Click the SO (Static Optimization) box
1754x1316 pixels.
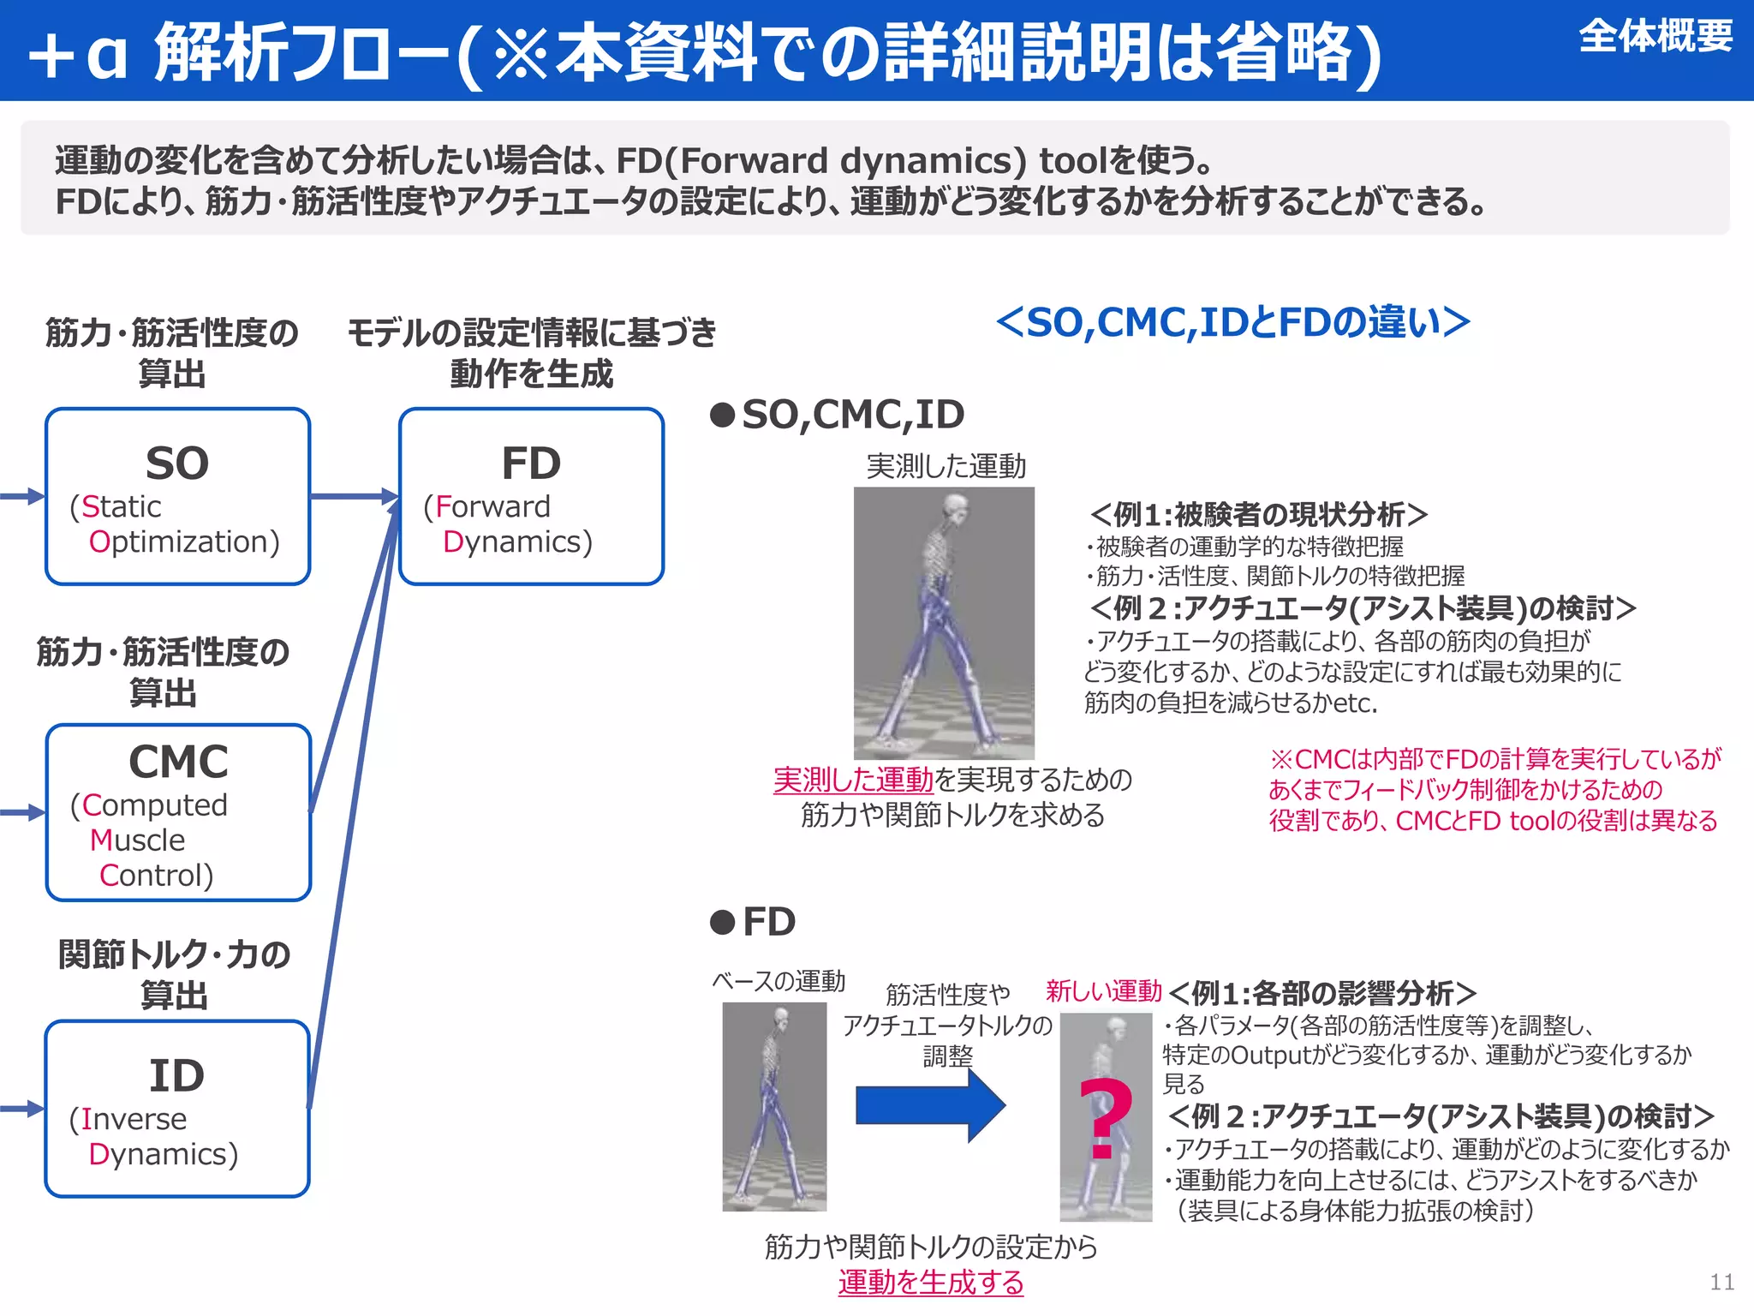click(177, 497)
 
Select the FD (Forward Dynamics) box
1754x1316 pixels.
click(531, 497)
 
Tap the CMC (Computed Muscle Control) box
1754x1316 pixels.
click(178, 812)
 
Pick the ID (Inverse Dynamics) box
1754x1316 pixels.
click(177, 1109)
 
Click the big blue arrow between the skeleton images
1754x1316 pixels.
click(930, 1105)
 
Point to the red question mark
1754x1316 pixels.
click(1105, 1118)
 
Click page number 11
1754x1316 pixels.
click(1721, 1282)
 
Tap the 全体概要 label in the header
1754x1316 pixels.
click(1655, 37)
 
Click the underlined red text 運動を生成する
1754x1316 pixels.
click(931, 1283)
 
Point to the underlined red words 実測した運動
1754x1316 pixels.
click(853, 780)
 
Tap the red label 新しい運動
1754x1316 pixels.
click(1103, 991)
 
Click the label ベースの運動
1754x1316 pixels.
click(779, 981)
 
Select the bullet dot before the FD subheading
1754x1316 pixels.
click(723, 923)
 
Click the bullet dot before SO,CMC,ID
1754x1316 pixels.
click(723, 416)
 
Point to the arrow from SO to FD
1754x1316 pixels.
click(353, 496)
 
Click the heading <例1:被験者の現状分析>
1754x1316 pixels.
click(1259, 515)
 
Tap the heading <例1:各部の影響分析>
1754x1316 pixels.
click(1322, 994)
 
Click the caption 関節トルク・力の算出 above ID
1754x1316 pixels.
click(175, 974)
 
